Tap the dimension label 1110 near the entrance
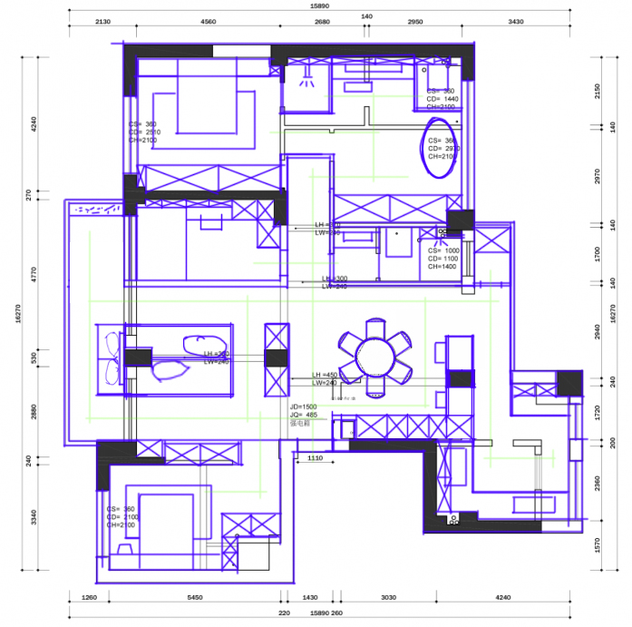[315, 458]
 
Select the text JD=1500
[304, 407]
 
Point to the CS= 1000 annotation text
[444, 250]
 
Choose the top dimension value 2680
[322, 21]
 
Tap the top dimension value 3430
[515, 21]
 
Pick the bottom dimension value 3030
[388, 598]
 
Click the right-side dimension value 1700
[598, 253]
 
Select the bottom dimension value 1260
[89, 598]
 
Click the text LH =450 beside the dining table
[325, 375]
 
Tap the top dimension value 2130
[102, 21]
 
